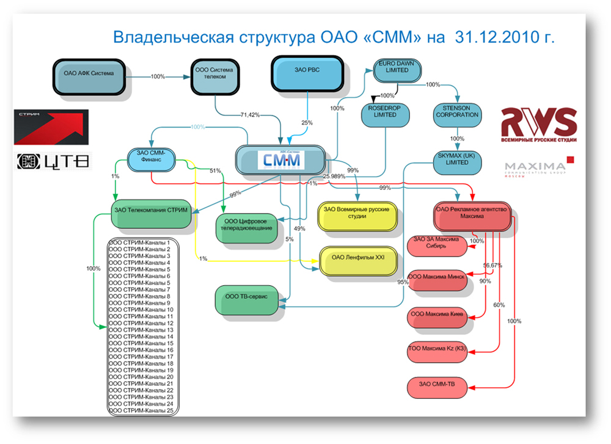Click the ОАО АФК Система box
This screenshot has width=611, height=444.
coord(89,77)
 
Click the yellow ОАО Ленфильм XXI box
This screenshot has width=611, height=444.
coord(358,258)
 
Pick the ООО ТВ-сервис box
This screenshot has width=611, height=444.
coord(247,297)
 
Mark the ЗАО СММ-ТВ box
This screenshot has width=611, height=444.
coord(437,385)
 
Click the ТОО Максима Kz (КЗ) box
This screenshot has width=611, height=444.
coord(437,349)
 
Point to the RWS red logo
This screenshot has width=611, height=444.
coord(538,125)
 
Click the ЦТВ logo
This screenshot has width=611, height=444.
coord(54,161)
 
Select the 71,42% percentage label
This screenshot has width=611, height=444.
coord(250,115)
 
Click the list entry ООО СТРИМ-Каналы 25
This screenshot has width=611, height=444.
coord(140,410)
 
